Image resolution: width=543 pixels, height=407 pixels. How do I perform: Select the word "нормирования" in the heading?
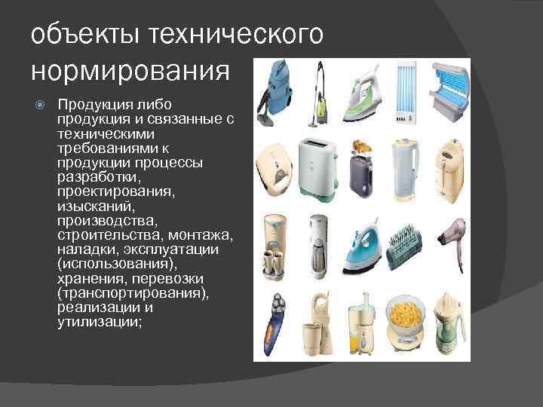click(130, 71)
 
